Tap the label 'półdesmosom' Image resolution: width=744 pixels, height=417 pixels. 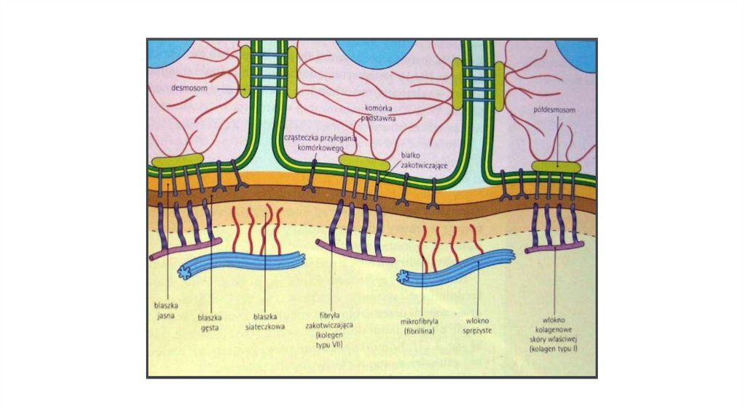tap(557, 110)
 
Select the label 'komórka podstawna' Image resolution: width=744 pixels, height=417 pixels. tap(379, 112)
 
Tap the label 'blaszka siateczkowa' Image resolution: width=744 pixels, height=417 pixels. tap(264, 320)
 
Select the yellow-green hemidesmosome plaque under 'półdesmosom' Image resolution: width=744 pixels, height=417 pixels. tap(556, 167)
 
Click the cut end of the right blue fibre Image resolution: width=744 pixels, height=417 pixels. tap(405, 276)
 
